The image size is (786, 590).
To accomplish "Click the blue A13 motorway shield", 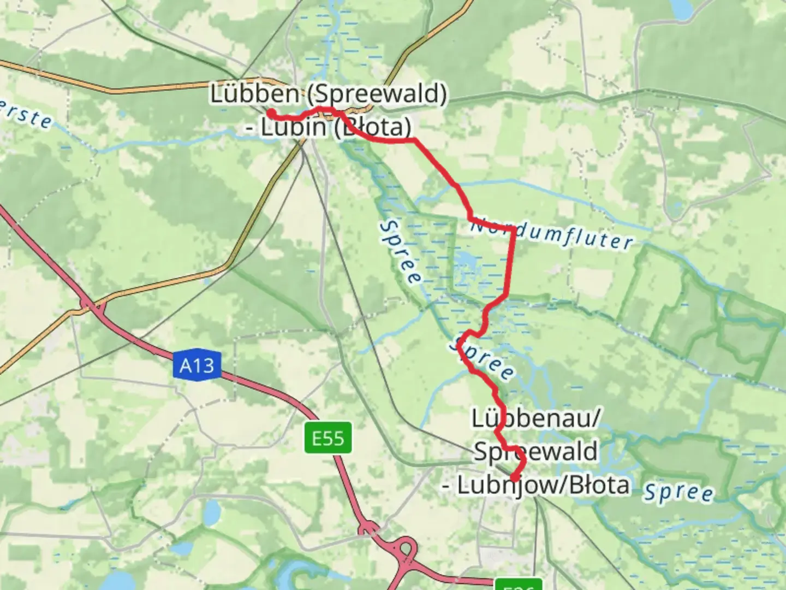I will pyautogui.click(x=197, y=365).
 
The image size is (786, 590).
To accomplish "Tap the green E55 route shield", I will pyautogui.click(x=328, y=438).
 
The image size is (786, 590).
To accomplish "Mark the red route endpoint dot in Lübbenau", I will pyautogui.click(x=514, y=479).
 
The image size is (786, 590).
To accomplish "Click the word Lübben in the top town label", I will pyautogui.click(x=254, y=94).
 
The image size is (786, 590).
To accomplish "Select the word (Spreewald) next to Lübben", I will pyautogui.click(x=376, y=94).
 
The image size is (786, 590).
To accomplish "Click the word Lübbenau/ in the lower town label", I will pyautogui.click(x=536, y=419).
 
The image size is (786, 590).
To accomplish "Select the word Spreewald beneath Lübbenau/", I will pyautogui.click(x=535, y=452).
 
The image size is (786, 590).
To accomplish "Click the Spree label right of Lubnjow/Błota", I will pyautogui.click(x=678, y=492).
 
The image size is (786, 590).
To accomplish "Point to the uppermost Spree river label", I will pyautogui.click(x=401, y=251).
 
